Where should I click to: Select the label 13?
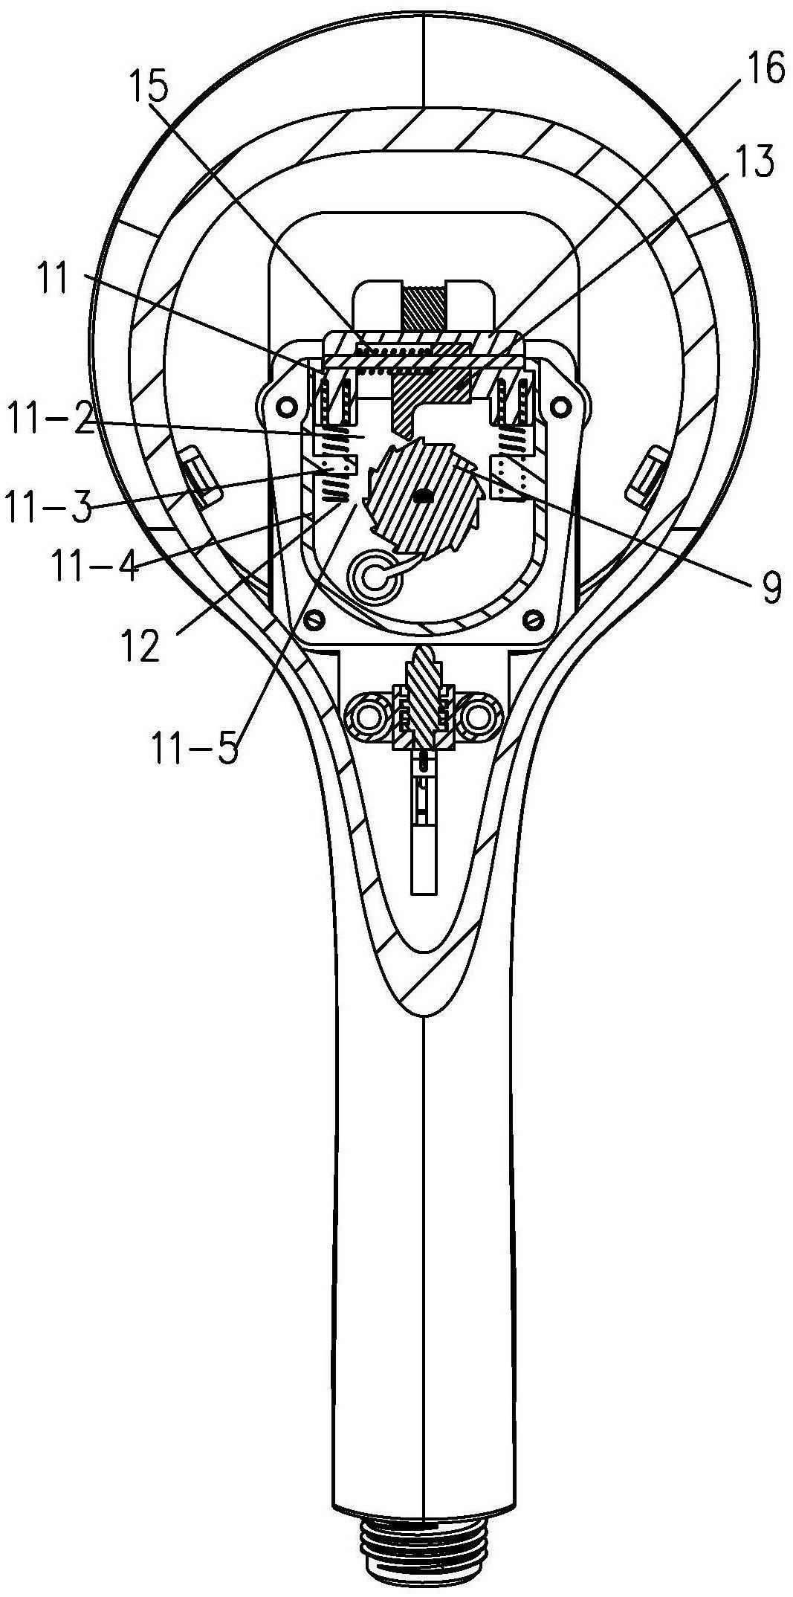(x=751, y=162)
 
